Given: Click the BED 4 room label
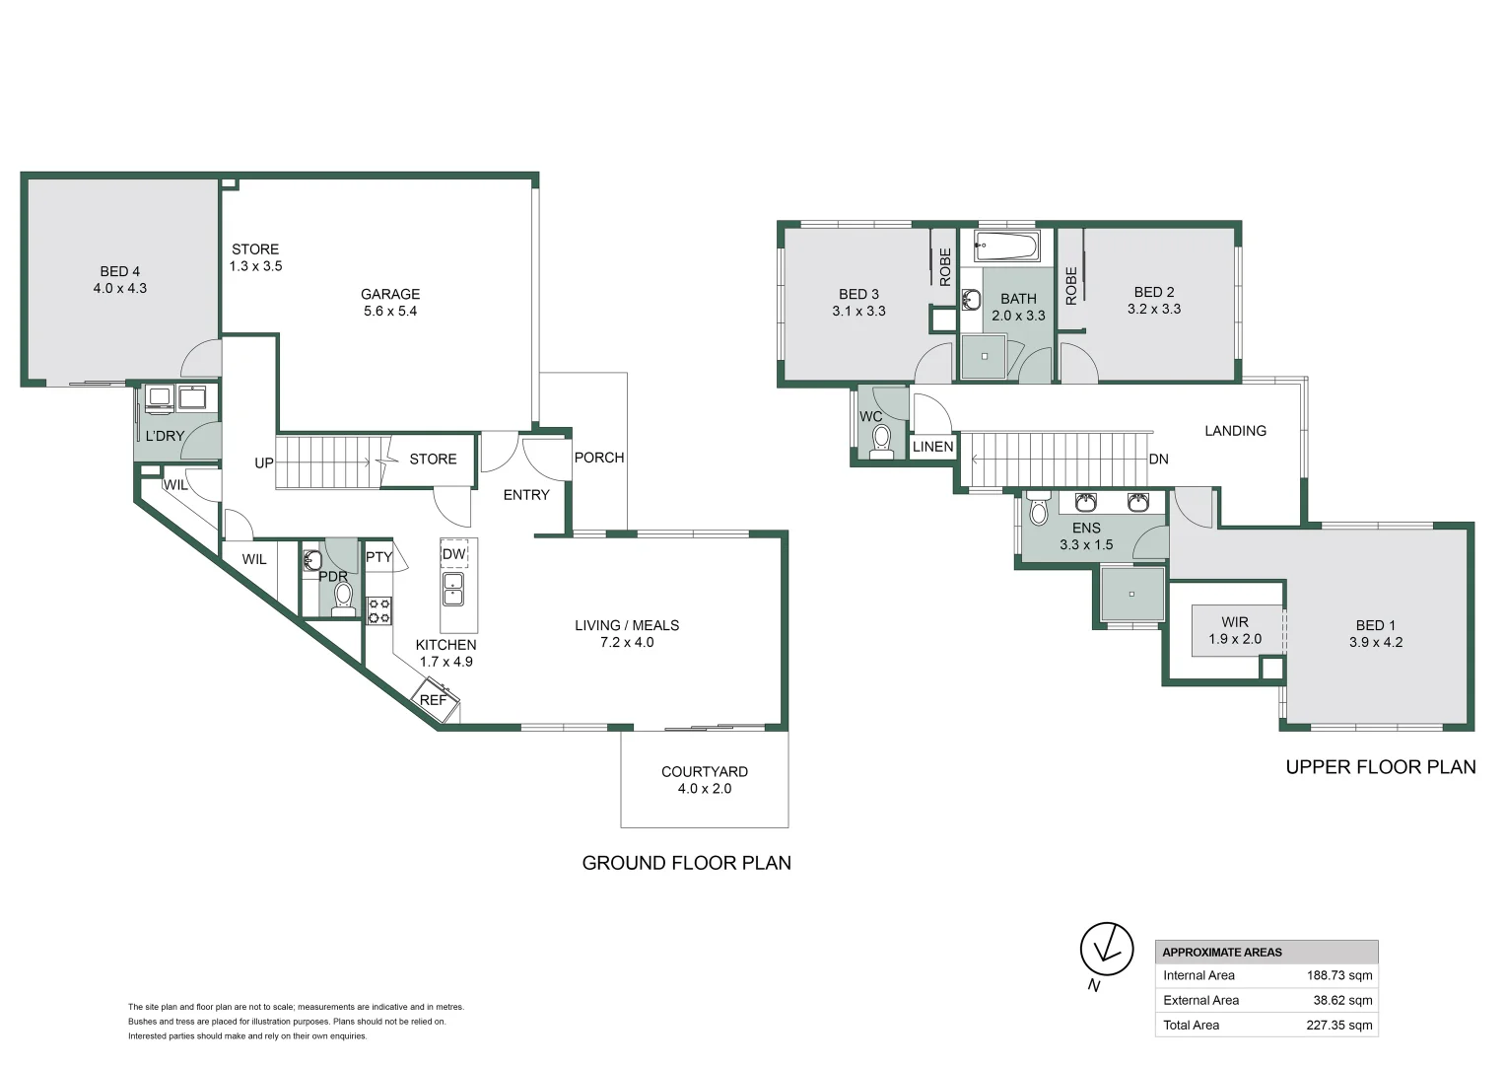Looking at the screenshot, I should [120, 280].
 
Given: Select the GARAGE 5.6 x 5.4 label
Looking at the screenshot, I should [390, 302].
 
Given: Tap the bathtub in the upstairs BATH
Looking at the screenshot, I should [1006, 246].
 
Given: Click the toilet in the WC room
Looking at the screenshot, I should [881, 440].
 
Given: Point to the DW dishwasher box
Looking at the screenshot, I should [453, 554].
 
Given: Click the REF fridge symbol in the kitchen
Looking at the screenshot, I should [435, 698].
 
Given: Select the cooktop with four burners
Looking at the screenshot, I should [379, 610].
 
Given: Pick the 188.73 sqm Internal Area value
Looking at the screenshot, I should [1339, 975].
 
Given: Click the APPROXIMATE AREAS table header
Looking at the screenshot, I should [1222, 953].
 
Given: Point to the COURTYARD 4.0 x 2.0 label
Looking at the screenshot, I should [704, 780].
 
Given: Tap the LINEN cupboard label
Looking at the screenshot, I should [932, 447].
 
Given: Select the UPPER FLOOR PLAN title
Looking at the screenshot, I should [1380, 767].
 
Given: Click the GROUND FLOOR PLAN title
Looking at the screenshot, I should [686, 863].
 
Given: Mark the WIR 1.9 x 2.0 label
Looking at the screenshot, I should [1235, 630].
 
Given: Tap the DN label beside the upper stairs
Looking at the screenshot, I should [1158, 460].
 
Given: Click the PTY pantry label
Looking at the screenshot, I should [379, 557].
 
